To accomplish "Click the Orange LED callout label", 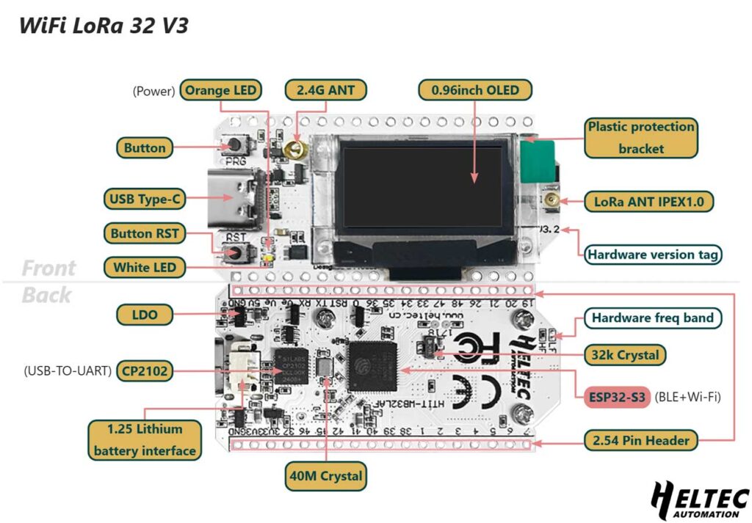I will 220,90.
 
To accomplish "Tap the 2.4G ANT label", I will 325,90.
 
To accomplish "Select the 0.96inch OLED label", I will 475,90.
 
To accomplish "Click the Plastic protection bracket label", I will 640,137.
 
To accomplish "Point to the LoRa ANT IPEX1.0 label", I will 648,201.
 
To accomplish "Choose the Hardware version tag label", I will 652,255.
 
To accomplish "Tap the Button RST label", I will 144,234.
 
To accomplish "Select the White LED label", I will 144,267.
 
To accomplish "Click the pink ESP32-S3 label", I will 618,397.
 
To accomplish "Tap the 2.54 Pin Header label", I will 640,440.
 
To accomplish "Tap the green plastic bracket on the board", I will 537,161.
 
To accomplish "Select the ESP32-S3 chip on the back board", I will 372,367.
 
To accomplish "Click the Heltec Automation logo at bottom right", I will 698,502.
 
